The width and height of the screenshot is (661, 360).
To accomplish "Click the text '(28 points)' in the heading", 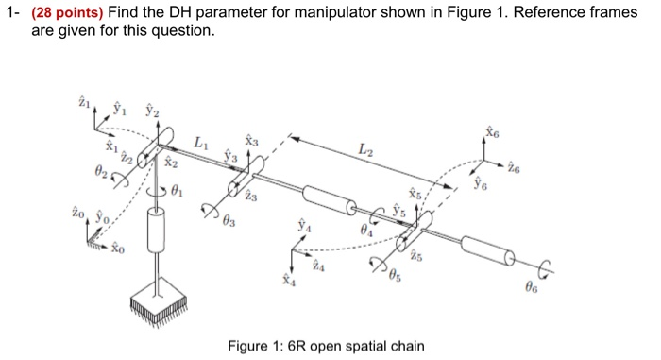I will coord(63,12).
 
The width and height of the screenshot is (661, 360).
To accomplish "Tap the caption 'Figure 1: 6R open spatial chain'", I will coord(326,346).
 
